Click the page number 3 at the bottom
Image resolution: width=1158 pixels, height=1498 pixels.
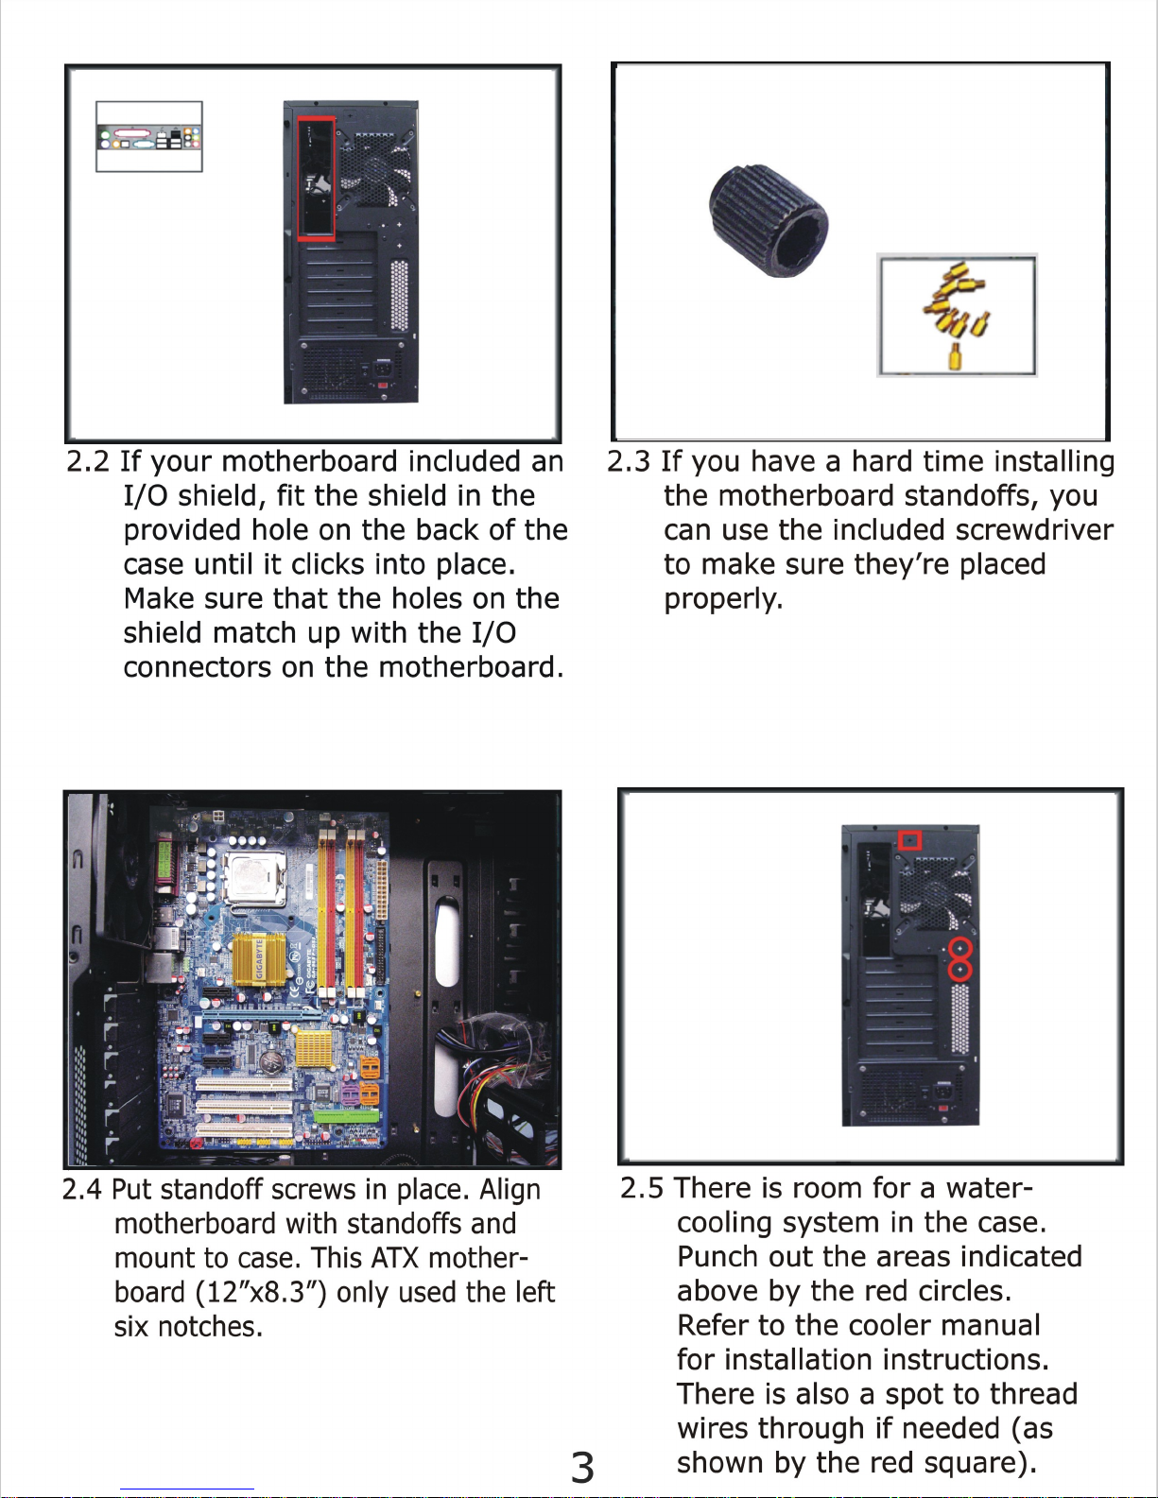click(581, 1468)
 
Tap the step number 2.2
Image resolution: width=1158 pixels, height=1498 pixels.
click(88, 461)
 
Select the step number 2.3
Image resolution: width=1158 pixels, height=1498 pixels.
click(628, 461)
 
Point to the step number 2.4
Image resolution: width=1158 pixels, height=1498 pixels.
click(82, 1189)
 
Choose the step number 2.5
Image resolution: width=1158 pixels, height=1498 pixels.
click(642, 1188)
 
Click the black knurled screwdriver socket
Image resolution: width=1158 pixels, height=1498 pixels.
click(769, 220)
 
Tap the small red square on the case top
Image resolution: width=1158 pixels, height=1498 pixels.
click(909, 840)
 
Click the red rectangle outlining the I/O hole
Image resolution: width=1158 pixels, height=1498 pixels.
click(298, 178)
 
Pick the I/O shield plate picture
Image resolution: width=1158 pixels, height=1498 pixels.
click(149, 136)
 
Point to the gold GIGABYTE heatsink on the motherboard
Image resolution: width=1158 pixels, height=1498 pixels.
click(259, 959)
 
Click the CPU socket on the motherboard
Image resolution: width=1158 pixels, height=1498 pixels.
click(256, 879)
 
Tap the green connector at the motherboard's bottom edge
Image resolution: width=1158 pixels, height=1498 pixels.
click(347, 1116)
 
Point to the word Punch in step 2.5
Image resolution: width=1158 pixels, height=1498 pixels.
click(717, 1257)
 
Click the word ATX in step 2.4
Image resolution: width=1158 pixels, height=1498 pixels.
click(395, 1258)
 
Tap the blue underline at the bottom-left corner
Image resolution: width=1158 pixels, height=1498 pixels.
click(187, 1489)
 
